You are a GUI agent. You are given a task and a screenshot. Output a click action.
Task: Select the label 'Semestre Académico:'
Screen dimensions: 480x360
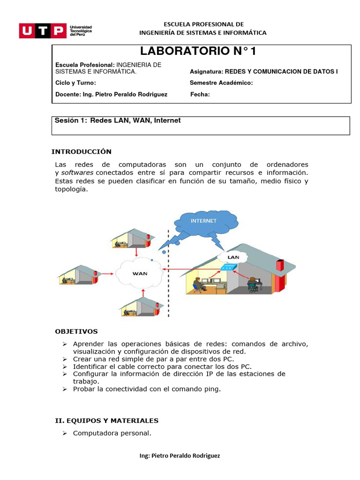click(x=221, y=83)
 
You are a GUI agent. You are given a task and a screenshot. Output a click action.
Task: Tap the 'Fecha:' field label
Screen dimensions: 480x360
click(x=200, y=94)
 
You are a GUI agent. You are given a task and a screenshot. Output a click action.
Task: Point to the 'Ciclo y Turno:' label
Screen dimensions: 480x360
click(x=75, y=83)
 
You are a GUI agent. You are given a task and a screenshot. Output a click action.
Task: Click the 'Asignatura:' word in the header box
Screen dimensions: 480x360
click(x=206, y=72)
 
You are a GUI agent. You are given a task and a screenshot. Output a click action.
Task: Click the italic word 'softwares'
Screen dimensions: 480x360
click(x=77, y=172)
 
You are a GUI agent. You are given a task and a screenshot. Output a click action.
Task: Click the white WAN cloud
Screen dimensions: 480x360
click(x=140, y=273)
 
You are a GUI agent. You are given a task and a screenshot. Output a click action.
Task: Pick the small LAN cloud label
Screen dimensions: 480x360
click(x=233, y=257)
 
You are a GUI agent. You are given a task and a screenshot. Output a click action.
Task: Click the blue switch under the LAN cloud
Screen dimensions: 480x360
click(x=228, y=268)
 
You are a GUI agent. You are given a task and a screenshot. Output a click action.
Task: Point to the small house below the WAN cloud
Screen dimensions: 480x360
click(x=141, y=305)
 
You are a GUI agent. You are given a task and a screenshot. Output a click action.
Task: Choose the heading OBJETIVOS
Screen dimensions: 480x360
click(x=76, y=331)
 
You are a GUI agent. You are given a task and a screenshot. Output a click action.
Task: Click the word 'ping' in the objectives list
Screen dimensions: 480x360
click(x=211, y=389)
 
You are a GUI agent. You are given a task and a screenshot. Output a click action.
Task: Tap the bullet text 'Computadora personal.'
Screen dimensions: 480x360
click(x=112, y=433)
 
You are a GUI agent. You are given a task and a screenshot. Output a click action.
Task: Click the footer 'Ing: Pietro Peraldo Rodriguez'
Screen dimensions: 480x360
click(x=180, y=456)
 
